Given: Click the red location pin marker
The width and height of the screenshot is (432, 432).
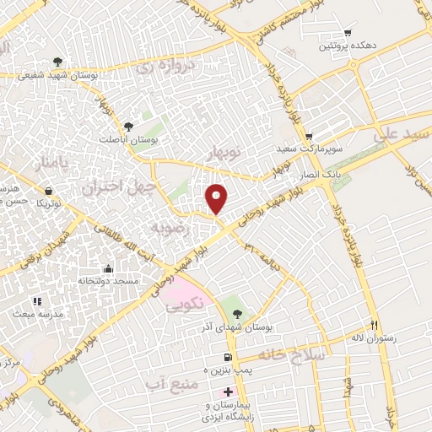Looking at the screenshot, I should pos(218,198).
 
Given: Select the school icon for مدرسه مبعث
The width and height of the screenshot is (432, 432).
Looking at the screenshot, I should pos(35,301).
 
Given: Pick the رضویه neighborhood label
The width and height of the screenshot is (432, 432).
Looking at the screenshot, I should pos(165,228).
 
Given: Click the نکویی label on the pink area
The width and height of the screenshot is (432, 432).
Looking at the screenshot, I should pos(181,305).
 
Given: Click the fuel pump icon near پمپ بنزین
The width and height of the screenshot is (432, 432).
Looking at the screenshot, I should pos(229,356).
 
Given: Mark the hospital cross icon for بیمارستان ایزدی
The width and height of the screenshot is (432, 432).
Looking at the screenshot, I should pos(229,393).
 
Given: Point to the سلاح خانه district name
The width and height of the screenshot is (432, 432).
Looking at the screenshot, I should pos(291,354).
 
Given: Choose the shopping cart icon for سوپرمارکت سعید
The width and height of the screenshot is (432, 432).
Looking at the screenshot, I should pos(310,135).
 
